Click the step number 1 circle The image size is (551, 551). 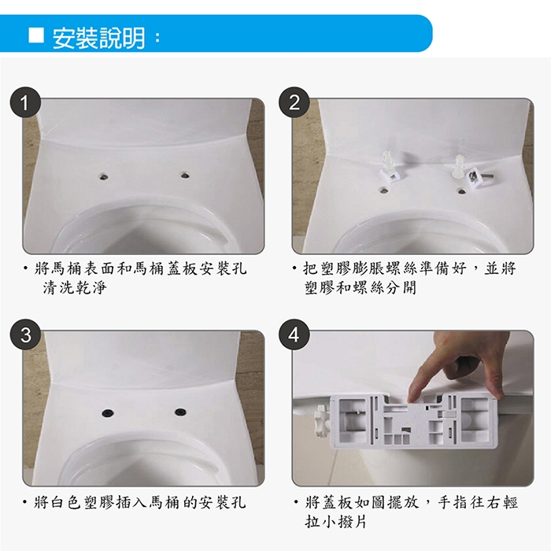(25, 102)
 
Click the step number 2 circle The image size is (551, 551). (294, 102)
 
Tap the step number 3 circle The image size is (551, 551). (25, 335)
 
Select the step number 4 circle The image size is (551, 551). (294, 335)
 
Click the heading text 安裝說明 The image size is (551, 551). (98, 38)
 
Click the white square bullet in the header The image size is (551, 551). (36, 35)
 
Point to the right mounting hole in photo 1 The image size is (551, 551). (185, 174)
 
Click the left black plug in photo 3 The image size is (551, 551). (108, 412)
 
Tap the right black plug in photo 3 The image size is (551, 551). (180, 411)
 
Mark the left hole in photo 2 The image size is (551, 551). (385, 190)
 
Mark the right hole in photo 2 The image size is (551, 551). (461, 191)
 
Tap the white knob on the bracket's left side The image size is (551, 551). (321, 418)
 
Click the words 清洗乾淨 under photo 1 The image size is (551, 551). (75, 288)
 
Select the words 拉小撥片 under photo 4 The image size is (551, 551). (336, 521)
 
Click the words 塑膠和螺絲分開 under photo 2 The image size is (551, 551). (361, 288)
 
